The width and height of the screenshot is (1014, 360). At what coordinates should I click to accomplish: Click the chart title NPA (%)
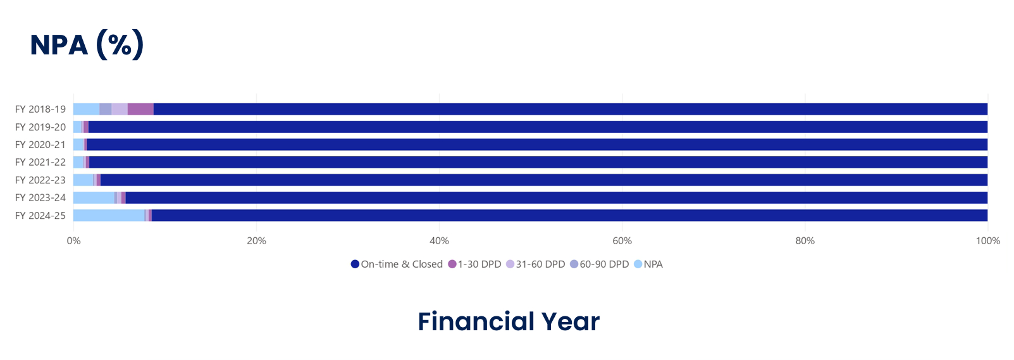click(87, 45)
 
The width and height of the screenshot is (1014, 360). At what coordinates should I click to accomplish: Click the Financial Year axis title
click(508, 321)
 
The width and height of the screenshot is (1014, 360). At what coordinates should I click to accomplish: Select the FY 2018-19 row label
click(40, 109)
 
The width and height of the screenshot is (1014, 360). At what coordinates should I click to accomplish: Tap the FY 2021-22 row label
click(40, 163)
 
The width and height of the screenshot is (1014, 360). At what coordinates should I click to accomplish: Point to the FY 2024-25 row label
click(40, 216)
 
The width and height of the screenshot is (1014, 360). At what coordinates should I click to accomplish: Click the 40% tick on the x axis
click(439, 241)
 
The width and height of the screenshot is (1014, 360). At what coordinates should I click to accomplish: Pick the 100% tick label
click(987, 241)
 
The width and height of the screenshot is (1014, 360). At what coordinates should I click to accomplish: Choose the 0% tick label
click(73, 241)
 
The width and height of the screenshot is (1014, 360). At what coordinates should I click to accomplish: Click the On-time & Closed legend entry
click(397, 264)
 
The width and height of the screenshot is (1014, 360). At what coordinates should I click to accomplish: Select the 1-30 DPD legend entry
click(474, 264)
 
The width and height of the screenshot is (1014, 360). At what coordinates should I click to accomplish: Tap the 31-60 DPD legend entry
click(535, 264)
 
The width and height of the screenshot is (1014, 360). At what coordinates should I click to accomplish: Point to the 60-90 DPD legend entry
click(599, 264)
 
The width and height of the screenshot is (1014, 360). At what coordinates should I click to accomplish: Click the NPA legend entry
click(648, 264)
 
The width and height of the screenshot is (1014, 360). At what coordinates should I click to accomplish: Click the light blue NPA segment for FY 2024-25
click(109, 216)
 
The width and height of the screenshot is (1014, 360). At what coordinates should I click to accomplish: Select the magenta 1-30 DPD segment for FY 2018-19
click(140, 109)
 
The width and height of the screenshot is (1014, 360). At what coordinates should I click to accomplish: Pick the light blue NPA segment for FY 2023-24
click(94, 198)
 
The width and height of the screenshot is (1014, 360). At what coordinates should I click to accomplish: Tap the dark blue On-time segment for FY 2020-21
click(538, 145)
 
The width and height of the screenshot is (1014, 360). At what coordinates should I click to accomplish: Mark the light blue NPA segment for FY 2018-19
click(86, 109)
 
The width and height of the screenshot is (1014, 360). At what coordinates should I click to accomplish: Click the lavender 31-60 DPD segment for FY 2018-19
click(120, 109)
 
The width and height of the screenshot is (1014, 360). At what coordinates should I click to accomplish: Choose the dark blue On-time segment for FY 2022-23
click(544, 180)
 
